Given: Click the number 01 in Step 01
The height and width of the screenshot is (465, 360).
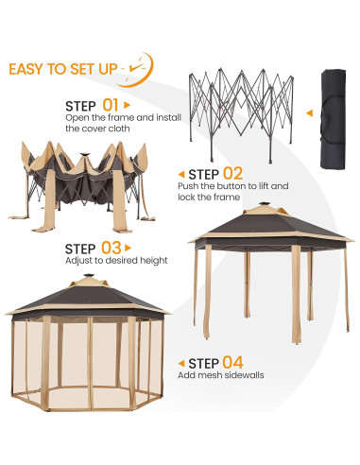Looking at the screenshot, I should (x=110, y=105).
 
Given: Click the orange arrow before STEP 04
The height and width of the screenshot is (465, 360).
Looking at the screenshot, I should (x=180, y=363).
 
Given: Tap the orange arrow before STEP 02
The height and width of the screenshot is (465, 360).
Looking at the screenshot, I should (x=180, y=174).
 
